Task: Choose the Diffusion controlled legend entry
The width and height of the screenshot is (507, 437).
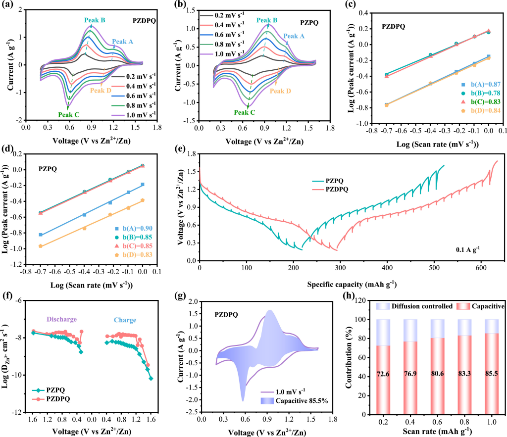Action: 409,307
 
